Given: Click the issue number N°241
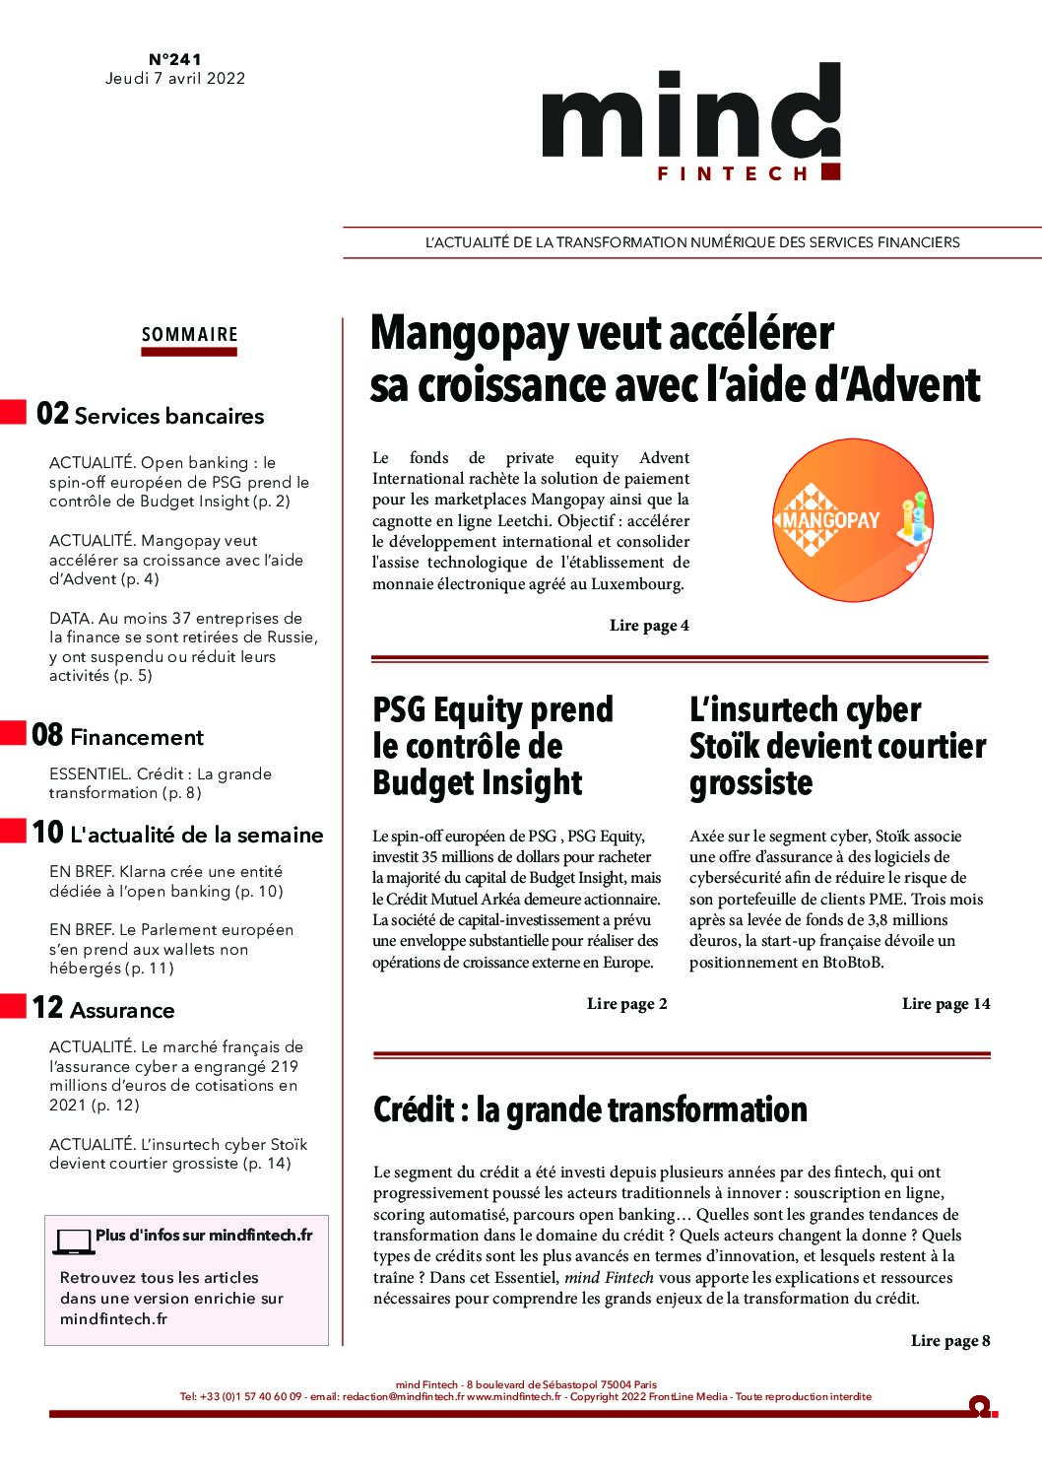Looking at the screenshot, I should point(175,60).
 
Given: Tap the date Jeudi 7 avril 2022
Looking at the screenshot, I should point(175,79).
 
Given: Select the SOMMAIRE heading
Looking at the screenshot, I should point(190,335).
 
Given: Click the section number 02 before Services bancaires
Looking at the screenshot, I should point(52,414).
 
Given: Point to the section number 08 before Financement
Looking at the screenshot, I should point(47,735).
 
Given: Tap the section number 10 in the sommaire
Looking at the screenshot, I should point(47,833).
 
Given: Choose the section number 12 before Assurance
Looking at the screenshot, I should point(47,1008).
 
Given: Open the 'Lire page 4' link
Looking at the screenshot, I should point(649,626).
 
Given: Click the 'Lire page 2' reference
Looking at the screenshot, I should point(626,1004).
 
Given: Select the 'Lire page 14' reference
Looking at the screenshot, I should point(945,1004).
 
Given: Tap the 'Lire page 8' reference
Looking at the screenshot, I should point(949,1341).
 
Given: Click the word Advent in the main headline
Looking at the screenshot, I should point(916,385).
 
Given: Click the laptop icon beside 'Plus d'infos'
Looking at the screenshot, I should point(73,1241).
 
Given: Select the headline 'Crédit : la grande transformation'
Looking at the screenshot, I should point(590,1110).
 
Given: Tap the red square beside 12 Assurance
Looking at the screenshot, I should point(13,1006).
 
